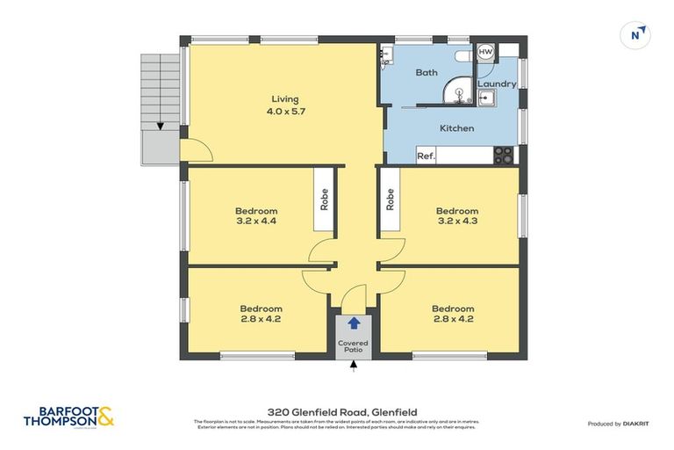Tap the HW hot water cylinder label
pos(485,53)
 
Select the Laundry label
pos(496,84)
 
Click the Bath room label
pos(427,73)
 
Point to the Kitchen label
pos(456,128)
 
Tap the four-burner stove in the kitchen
pos(504,155)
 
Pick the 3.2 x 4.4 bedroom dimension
pos(256,222)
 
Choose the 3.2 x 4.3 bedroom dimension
pos(457,222)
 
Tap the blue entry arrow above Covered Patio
pos(354,324)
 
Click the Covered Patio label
pos(354,346)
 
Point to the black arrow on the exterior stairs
pos(159,126)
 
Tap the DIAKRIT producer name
pos(636,424)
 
